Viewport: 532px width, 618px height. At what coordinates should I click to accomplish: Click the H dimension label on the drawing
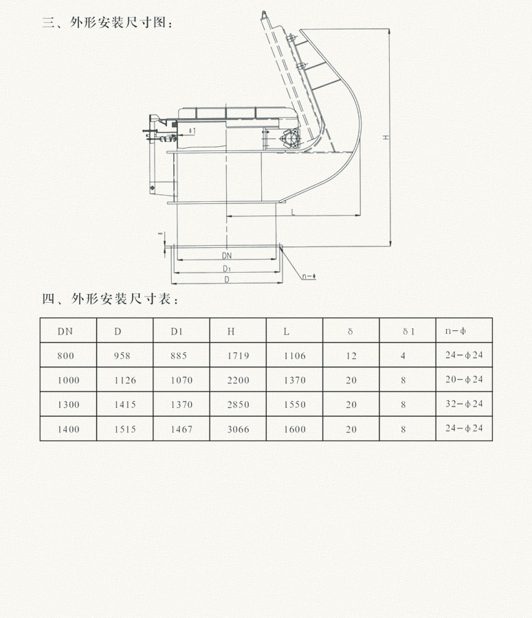(387, 138)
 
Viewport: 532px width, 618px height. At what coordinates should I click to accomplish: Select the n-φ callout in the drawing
(309, 277)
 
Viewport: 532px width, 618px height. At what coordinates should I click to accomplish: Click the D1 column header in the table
(177, 332)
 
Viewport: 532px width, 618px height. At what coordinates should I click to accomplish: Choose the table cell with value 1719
(238, 356)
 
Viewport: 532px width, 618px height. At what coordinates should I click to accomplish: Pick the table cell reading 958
(122, 356)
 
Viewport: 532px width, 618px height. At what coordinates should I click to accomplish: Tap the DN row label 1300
(69, 405)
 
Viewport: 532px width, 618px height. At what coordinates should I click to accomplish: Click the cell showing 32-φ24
(465, 404)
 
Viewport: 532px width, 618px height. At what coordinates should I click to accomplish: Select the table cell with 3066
(238, 430)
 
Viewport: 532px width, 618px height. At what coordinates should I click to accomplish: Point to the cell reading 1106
(294, 356)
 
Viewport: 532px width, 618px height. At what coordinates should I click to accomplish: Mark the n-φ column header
(455, 332)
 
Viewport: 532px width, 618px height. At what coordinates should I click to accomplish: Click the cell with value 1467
(181, 430)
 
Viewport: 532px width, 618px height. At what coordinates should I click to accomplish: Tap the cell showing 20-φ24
(465, 380)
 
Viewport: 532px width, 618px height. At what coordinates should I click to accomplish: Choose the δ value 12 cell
(351, 356)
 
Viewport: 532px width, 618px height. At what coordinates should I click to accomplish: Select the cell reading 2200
(238, 380)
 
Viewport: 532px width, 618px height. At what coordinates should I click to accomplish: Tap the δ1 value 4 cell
(403, 356)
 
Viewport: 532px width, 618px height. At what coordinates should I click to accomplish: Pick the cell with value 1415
(125, 405)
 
